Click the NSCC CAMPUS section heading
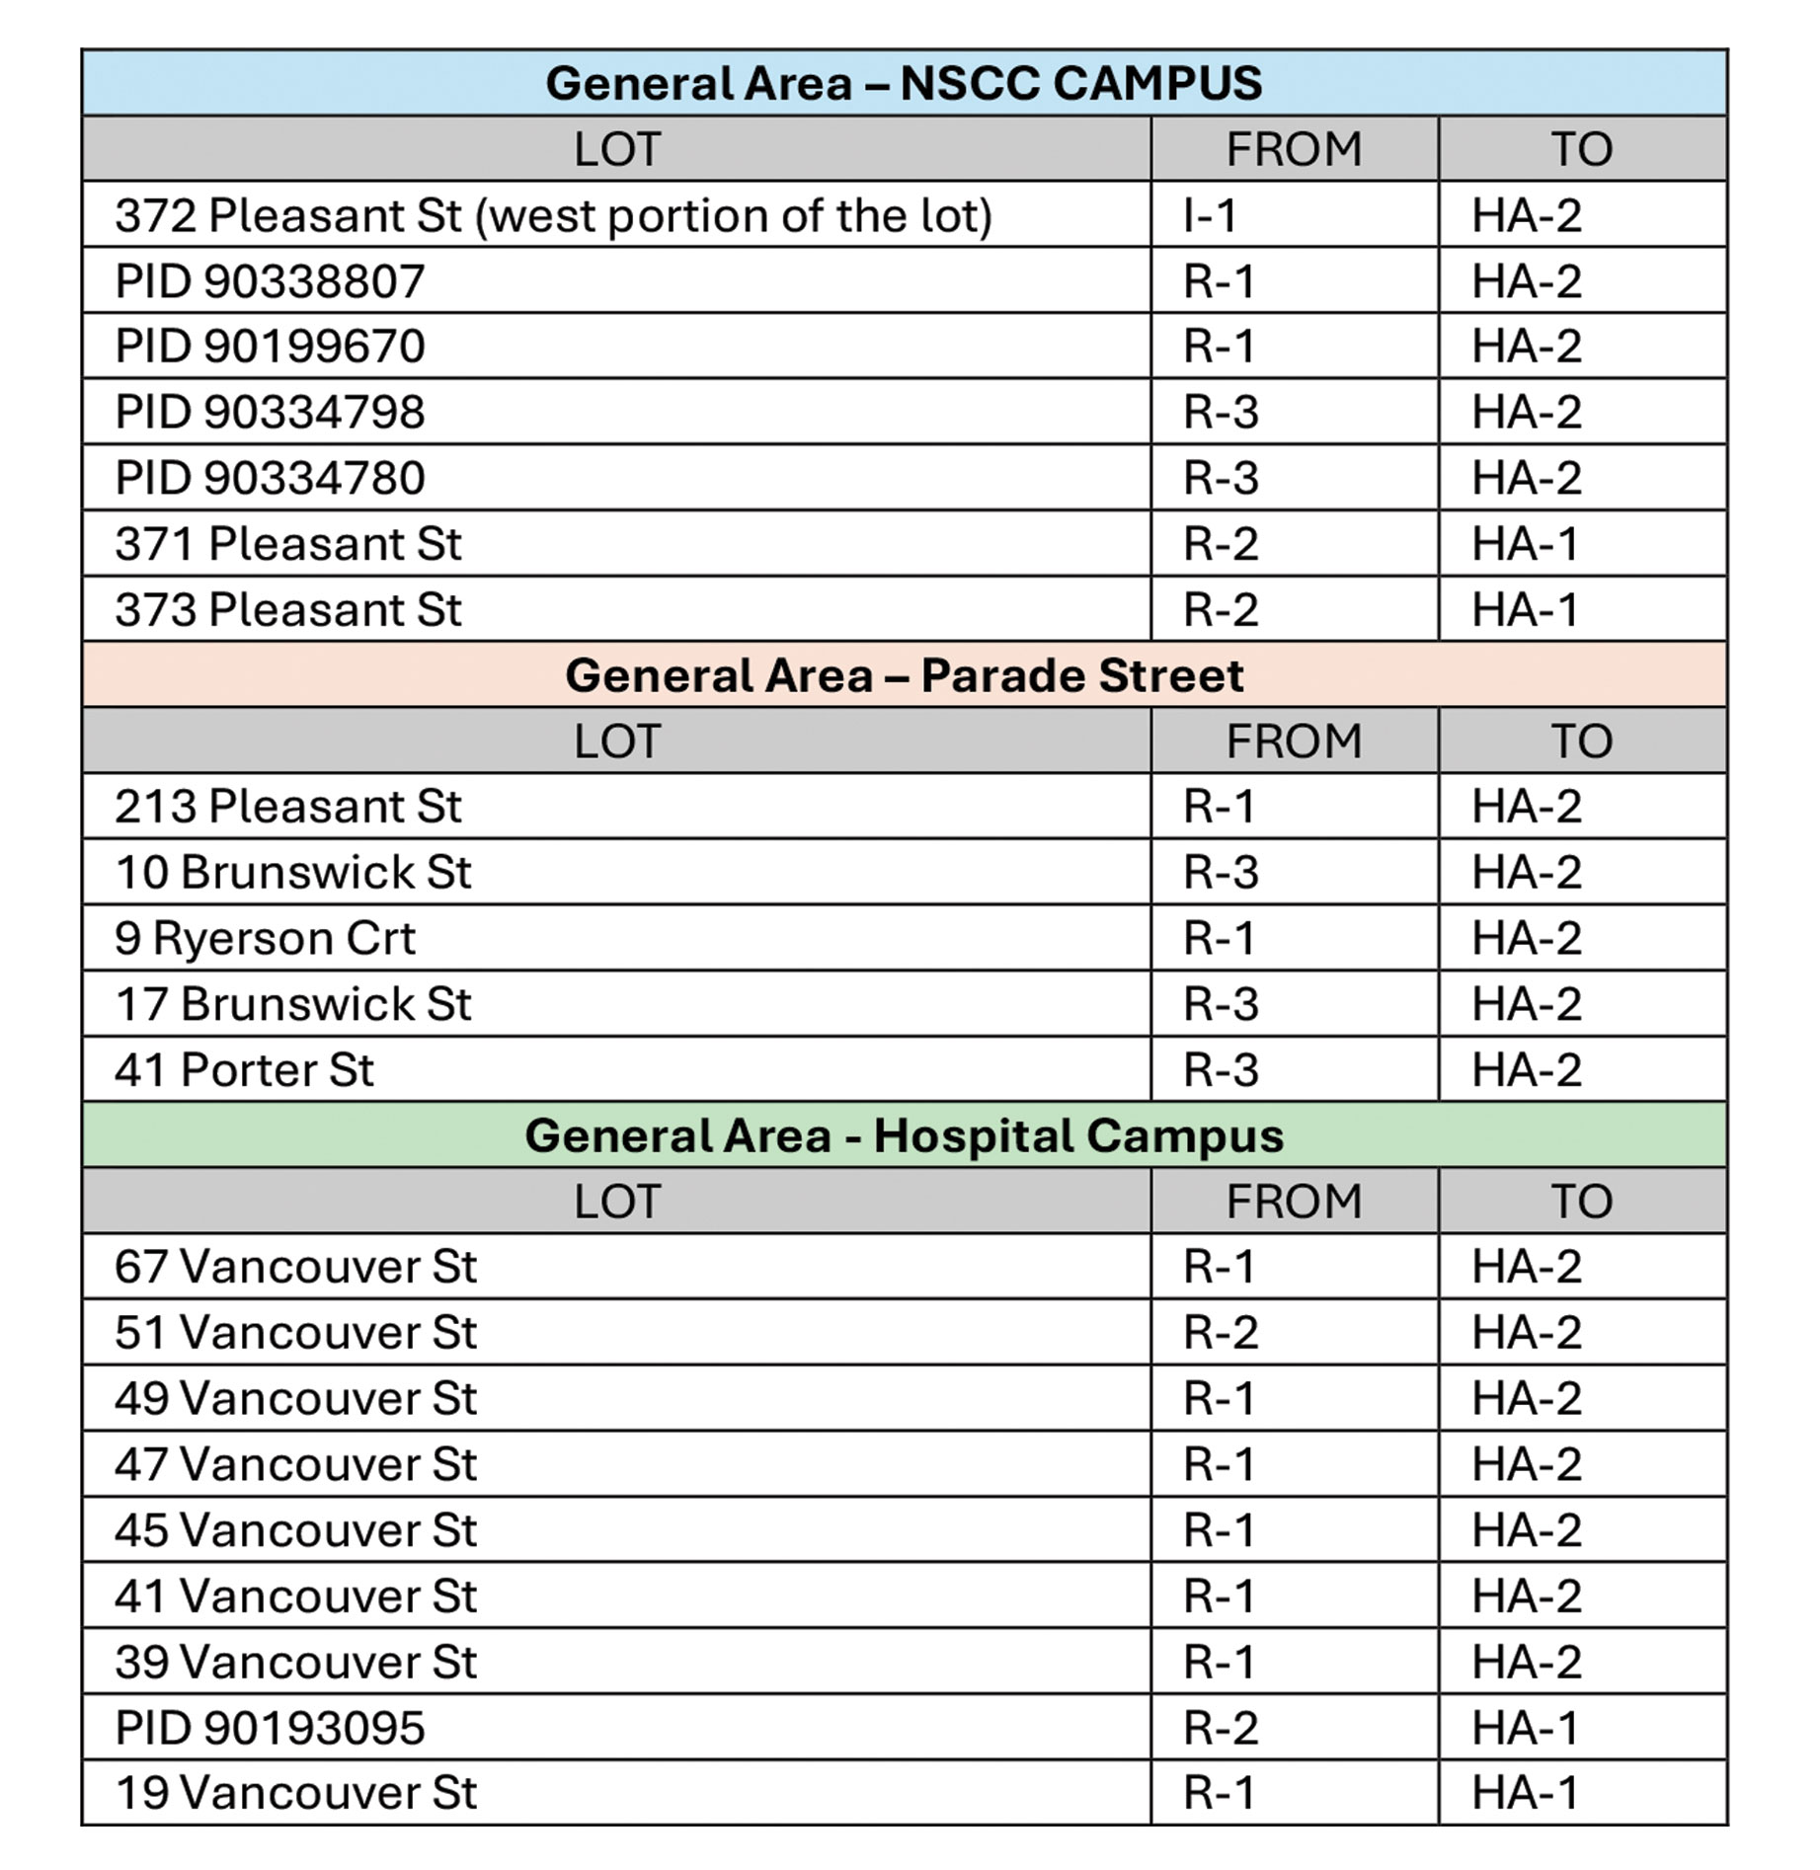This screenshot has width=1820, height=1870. tap(904, 83)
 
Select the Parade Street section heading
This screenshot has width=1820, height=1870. tap(904, 675)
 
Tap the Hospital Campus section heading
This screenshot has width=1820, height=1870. tap(904, 1135)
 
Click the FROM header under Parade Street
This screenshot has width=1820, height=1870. tap(1294, 740)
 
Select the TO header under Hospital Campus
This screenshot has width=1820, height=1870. tap(1582, 1202)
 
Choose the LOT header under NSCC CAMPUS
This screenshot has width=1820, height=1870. tap(617, 149)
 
